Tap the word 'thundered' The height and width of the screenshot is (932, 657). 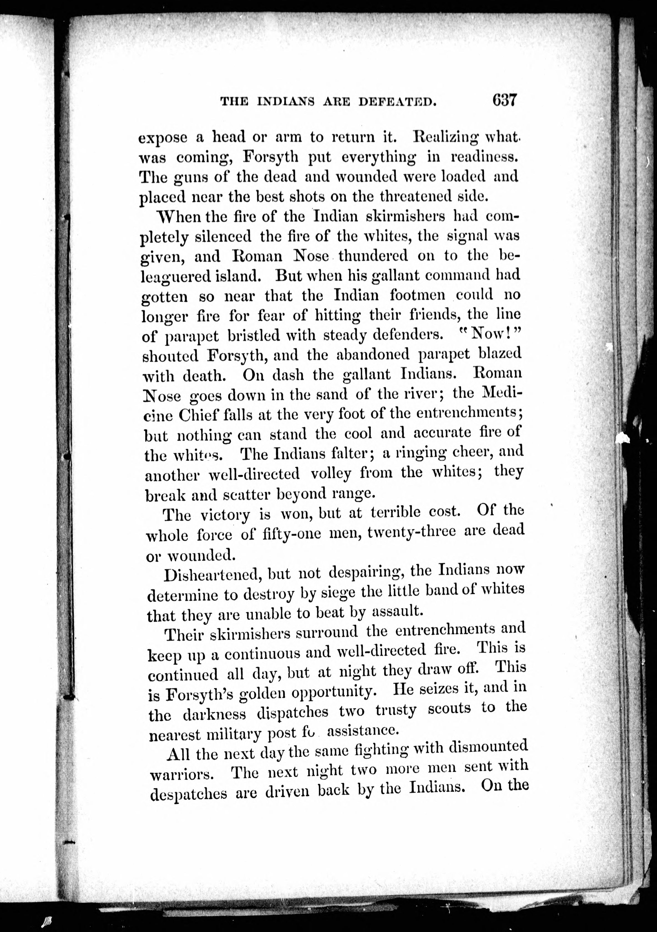coord(373,256)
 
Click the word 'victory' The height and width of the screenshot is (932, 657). coord(225,515)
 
